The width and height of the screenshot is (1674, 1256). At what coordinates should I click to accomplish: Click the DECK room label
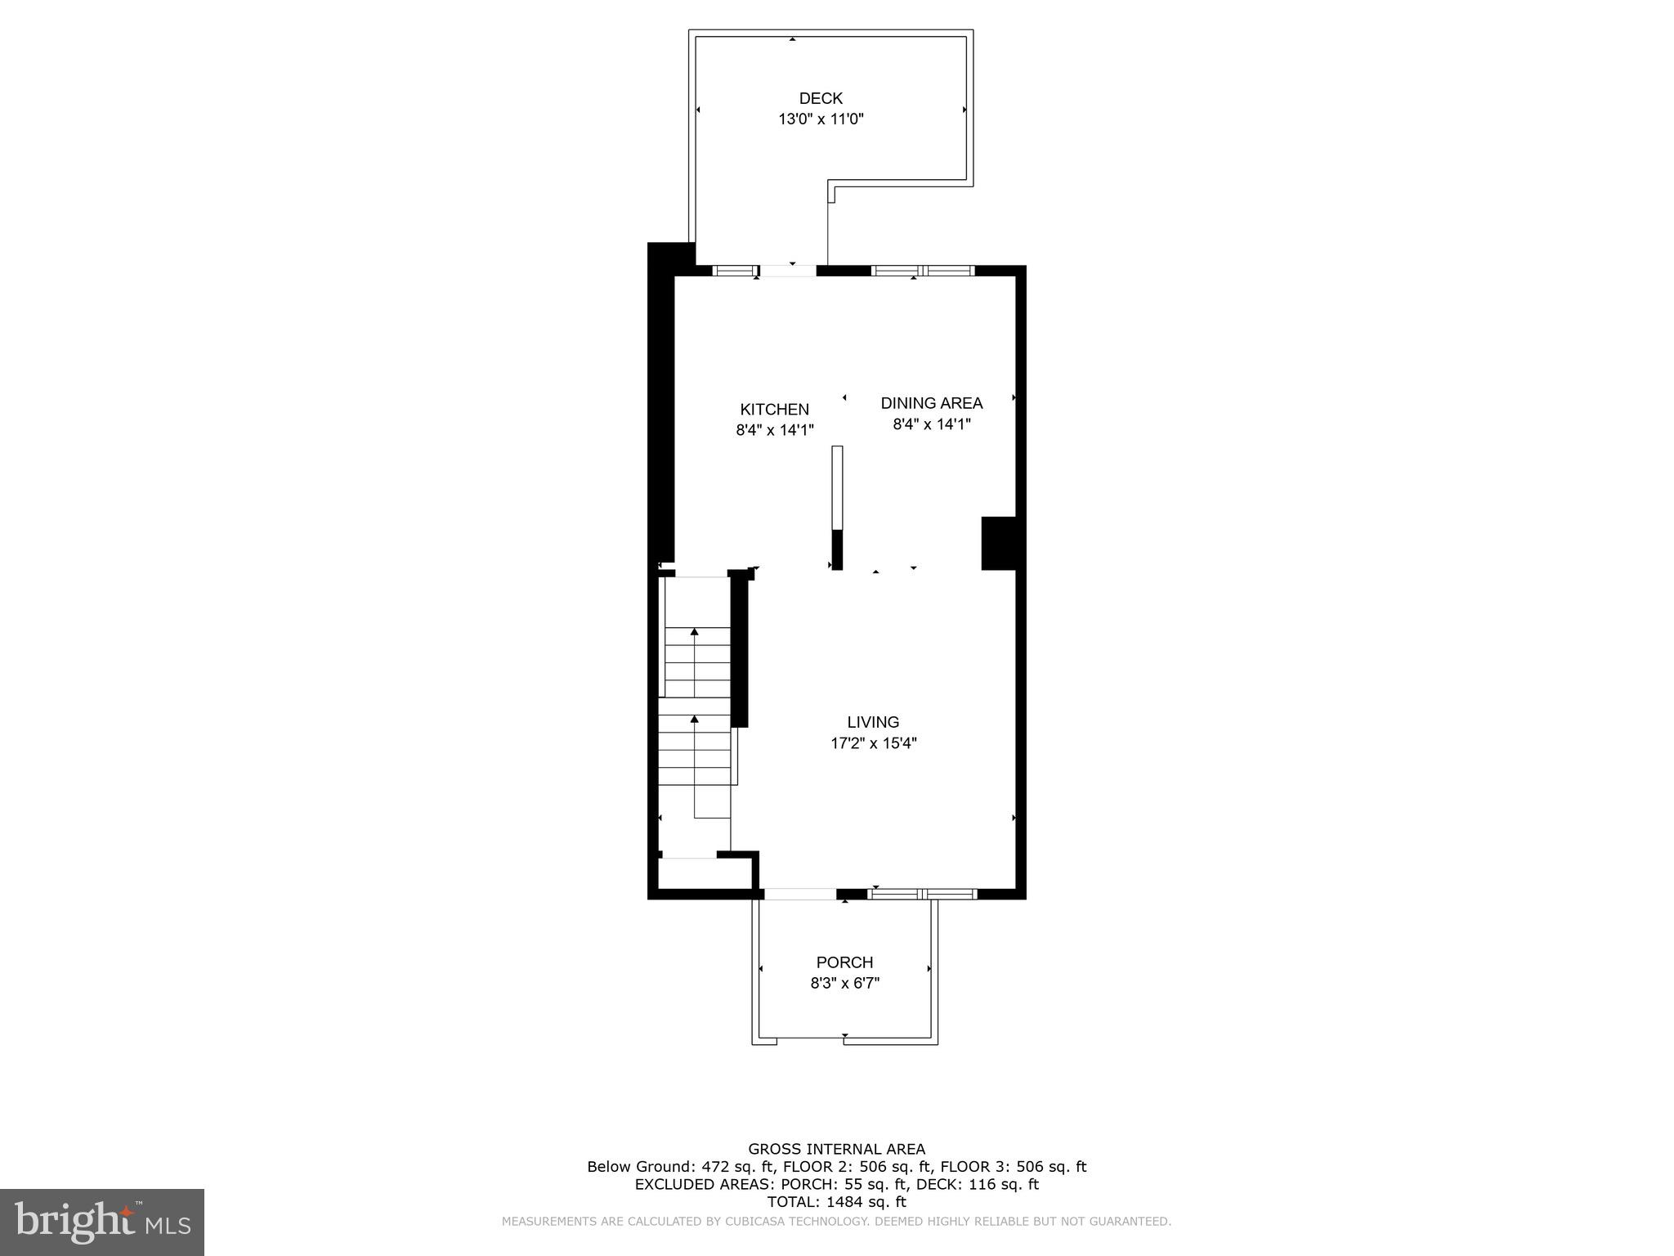pyautogui.click(x=821, y=98)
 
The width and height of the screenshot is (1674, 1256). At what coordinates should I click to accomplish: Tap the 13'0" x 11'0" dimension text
pyautogui.click(x=821, y=119)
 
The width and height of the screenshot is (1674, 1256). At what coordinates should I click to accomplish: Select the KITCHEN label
pyautogui.click(x=774, y=409)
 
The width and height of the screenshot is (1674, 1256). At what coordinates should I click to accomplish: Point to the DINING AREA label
pyautogui.click(x=931, y=402)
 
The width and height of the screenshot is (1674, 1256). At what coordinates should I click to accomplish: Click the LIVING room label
pyautogui.click(x=873, y=722)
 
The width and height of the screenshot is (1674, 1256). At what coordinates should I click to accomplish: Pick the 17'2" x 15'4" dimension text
pyautogui.click(x=873, y=743)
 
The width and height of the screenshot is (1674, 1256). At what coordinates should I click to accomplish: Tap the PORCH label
pyautogui.click(x=844, y=962)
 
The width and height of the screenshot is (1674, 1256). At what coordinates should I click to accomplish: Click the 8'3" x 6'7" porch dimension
pyautogui.click(x=844, y=984)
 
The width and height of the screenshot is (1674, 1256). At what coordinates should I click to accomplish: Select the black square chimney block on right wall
pyautogui.click(x=998, y=543)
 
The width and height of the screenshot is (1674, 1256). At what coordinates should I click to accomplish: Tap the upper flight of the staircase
pyautogui.click(x=696, y=662)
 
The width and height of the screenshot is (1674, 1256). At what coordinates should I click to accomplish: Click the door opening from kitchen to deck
pyautogui.click(x=788, y=271)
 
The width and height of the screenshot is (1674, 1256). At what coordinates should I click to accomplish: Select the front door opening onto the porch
pyautogui.click(x=799, y=894)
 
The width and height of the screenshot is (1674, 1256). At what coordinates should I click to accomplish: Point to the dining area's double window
pyautogui.click(x=923, y=271)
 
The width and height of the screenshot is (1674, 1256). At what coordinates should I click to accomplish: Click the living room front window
pyautogui.click(x=923, y=894)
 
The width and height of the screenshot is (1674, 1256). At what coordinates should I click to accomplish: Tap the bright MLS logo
pyautogui.click(x=101, y=1222)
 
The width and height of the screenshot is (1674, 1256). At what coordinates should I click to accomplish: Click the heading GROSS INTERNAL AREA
pyautogui.click(x=836, y=1149)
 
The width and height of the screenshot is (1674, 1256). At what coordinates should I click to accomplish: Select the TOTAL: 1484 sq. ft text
pyautogui.click(x=836, y=1201)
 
